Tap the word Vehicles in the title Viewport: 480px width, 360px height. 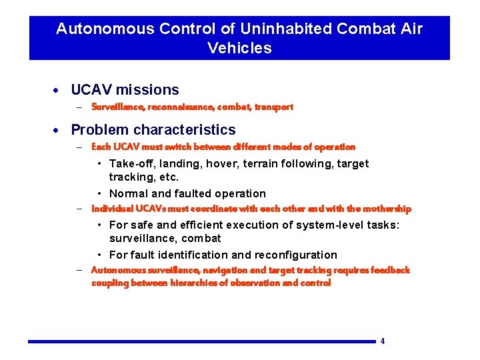click(x=239, y=48)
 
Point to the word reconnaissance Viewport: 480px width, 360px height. click(x=173, y=107)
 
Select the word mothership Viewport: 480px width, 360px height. click(x=387, y=209)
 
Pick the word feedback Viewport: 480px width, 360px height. click(x=391, y=270)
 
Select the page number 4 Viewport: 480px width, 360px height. click(x=383, y=341)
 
